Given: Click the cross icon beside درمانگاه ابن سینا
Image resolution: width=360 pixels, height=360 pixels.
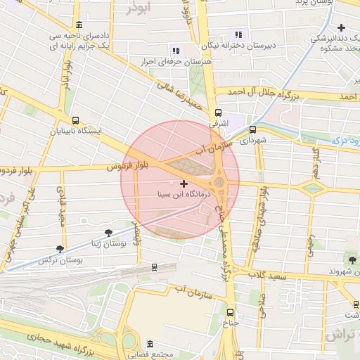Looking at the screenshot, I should [x=184, y=184].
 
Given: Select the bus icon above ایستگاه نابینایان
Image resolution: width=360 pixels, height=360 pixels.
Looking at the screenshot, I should [x=75, y=120].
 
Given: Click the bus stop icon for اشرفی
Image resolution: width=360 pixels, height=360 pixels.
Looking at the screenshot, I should [x=218, y=112].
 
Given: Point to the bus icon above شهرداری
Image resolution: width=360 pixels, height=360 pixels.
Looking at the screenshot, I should [x=252, y=129].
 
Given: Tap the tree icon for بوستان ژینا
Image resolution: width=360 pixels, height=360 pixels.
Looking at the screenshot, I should [x=108, y=233].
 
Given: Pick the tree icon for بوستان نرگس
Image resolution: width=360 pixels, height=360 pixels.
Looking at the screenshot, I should [x=60, y=249].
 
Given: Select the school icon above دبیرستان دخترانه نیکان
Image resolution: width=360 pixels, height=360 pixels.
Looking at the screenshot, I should [x=238, y=34].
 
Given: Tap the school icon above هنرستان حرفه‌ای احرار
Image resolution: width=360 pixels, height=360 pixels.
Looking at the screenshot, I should [x=176, y=51].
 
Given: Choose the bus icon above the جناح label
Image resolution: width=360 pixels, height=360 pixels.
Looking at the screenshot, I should [x=231, y=311].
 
